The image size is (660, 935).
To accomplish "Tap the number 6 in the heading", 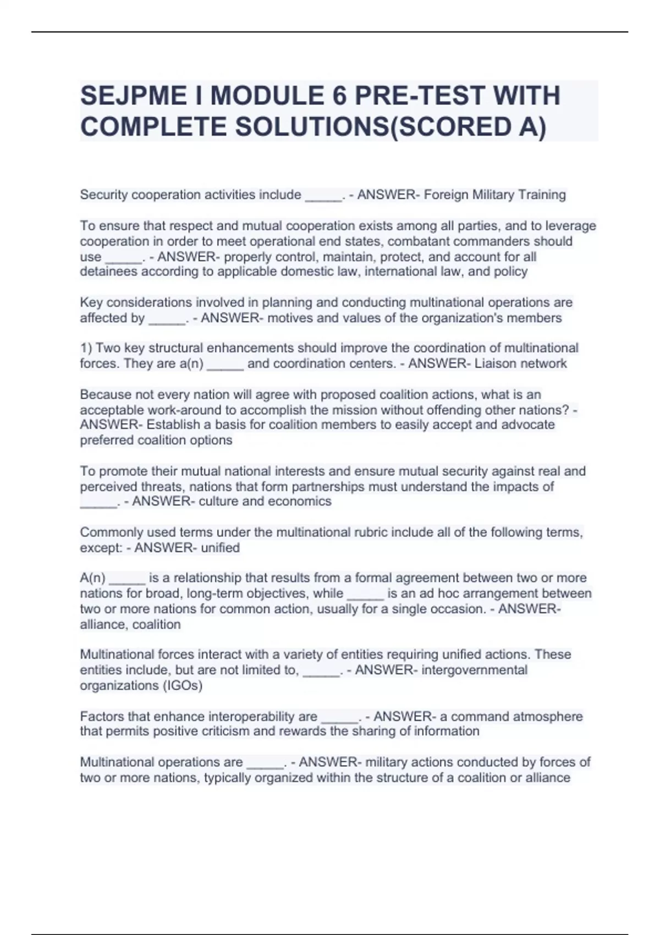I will click(x=339, y=96).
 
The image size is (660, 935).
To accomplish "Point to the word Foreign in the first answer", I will click(x=446, y=195).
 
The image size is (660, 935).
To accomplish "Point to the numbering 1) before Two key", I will click(x=86, y=348).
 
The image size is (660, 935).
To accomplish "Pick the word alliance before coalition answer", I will click(x=103, y=625).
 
